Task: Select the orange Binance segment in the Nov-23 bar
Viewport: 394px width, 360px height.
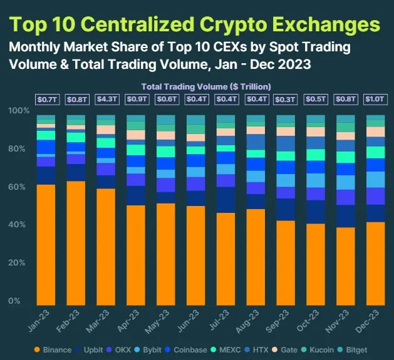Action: point(346,266)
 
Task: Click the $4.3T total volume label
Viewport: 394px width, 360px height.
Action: point(105,99)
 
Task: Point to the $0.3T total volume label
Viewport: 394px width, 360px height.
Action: point(286,99)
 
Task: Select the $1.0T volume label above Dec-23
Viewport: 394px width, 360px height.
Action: point(376,99)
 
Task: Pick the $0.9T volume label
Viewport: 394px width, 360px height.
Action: point(135,99)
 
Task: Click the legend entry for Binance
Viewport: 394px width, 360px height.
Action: point(56,349)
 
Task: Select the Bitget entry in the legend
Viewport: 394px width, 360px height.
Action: point(355,349)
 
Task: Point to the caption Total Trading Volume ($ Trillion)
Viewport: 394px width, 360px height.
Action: point(205,86)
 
